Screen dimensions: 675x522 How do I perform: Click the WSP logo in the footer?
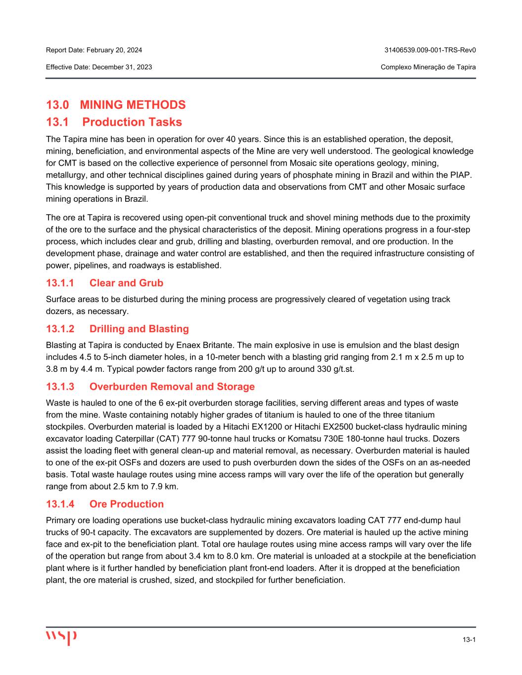point(61,637)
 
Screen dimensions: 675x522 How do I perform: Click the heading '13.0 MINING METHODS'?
point(116,105)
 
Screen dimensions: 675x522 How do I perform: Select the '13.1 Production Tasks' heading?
point(114,122)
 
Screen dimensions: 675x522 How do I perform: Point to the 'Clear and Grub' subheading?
point(126,283)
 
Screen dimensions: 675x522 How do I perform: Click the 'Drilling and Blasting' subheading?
point(139,329)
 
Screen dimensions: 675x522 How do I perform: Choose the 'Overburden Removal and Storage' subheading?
point(172,387)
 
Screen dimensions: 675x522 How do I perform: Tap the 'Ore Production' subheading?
point(126,504)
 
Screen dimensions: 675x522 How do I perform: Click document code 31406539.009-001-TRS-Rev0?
point(430,50)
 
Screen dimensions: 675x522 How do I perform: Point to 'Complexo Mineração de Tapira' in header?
point(428,67)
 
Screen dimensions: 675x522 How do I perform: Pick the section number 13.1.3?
point(60,387)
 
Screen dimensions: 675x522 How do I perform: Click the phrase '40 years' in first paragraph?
point(240,139)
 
